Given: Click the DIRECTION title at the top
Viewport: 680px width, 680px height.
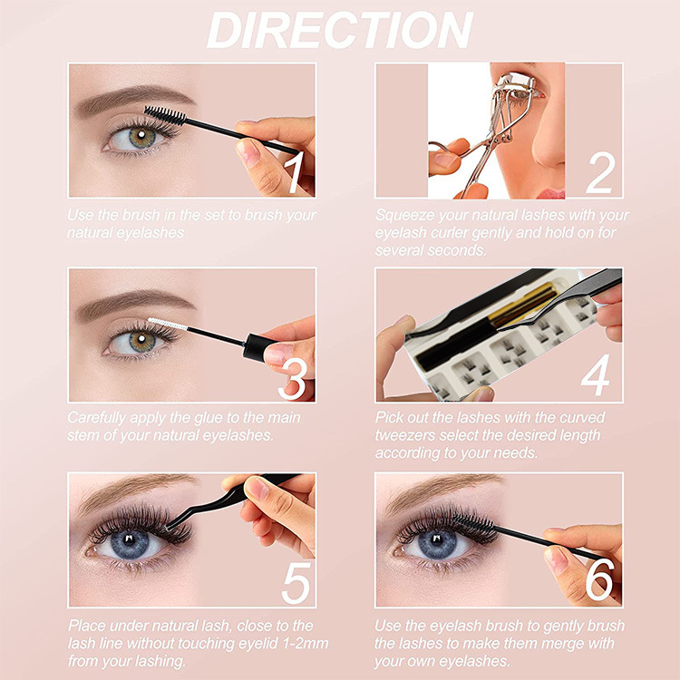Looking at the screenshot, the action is tap(340, 30).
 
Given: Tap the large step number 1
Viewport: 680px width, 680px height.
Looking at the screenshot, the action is tap(295, 171).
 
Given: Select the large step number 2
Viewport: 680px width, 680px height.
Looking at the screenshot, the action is tap(600, 172).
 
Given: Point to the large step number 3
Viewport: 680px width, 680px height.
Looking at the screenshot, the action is tap(293, 380).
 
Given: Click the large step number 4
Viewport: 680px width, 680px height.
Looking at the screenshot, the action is tap(596, 374).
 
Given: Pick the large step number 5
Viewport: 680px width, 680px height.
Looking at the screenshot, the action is tap(296, 583).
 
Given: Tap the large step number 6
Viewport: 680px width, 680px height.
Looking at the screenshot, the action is tap(600, 579).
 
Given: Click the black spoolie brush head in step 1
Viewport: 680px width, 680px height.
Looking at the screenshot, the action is tap(165, 115).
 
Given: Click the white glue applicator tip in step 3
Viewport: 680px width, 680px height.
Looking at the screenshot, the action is tap(168, 324).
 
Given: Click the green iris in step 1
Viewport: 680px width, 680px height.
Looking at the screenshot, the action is tap(141, 138).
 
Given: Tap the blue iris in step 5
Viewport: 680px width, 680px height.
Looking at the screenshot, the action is tap(130, 543).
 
